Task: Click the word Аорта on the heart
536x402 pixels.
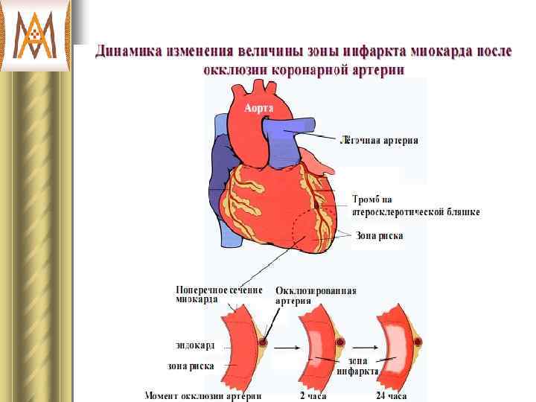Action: tap(259, 108)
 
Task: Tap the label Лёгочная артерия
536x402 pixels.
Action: tap(379, 140)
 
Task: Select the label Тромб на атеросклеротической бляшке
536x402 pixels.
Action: tap(415, 205)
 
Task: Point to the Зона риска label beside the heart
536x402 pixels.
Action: tap(379, 236)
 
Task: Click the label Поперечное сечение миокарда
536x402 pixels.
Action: tap(218, 294)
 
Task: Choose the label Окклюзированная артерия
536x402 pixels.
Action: tap(316, 296)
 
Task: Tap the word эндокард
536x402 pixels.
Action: tap(195, 345)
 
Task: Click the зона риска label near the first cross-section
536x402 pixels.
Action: tap(191, 366)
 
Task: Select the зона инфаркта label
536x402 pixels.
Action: tap(358, 365)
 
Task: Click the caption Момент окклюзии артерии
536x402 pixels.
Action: tap(202, 395)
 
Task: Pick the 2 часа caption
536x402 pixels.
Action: tap(313, 395)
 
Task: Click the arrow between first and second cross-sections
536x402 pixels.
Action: tap(286, 347)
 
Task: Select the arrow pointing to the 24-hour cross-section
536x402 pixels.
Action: tap(363, 347)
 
